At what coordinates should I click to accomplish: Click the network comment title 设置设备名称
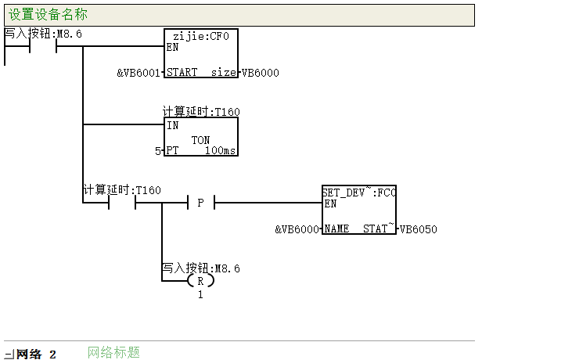coord(48,15)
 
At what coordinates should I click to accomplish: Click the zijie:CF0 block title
coord(200,36)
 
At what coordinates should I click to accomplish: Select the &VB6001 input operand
coord(139,73)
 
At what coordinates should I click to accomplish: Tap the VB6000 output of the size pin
coord(260,73)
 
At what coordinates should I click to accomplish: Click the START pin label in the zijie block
coord(182,72)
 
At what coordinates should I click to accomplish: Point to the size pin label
coord(223,72)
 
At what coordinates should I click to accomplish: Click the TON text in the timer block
coord(200,140)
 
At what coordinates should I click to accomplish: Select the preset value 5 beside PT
coord(157,151)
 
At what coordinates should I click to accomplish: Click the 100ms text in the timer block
coord(220,150)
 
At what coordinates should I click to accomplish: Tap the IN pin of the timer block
coord(173,125)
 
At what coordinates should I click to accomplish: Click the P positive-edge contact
coord(200,203)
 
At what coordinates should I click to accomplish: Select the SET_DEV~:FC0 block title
coord(359,193)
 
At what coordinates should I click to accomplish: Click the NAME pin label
coord(336,229)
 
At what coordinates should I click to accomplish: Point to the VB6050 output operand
coord(419,229)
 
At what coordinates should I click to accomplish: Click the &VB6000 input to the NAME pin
coord(297,229)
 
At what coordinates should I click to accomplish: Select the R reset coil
coord(200,281)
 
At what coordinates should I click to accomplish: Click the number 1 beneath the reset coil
coord(200,295)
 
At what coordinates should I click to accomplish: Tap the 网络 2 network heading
coord(36,355)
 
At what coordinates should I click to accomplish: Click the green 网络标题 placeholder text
coord(113,352)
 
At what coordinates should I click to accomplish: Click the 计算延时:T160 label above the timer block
coord(201,112)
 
